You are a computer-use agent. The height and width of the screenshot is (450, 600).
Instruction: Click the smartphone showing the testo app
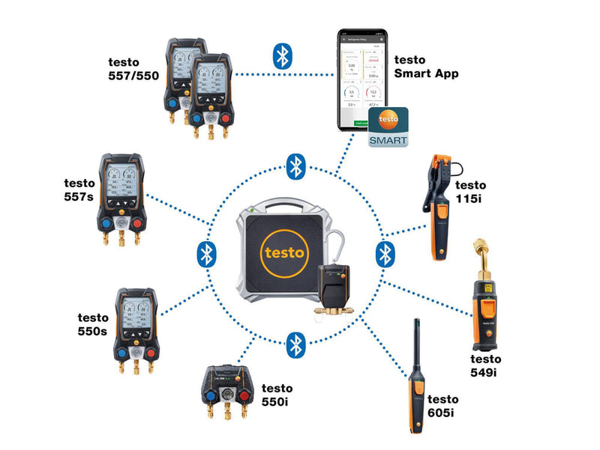coord(359,79)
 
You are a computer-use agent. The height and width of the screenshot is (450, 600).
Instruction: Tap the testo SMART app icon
coord(388,126)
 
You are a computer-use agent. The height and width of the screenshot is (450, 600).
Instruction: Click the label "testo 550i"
coord(277,395)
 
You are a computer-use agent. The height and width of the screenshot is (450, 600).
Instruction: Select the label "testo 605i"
coord(442,406)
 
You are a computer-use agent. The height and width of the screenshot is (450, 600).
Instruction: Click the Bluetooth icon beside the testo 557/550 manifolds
coord(281,55)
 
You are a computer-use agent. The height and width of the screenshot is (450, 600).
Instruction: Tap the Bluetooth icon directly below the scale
coord(296,344)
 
